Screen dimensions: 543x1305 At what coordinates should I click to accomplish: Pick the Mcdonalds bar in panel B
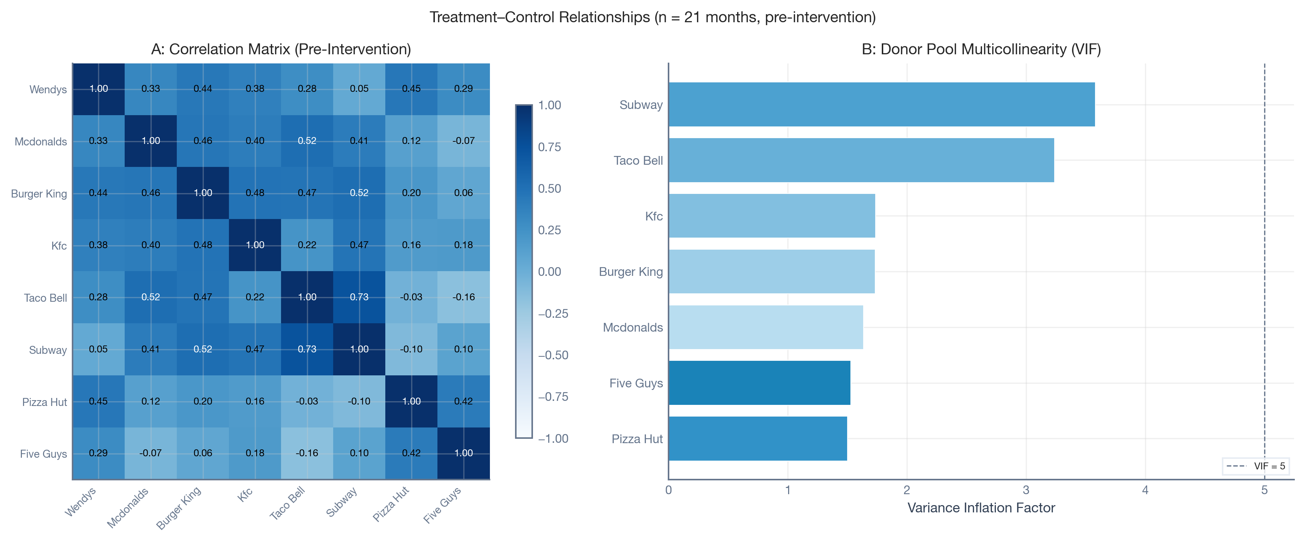[766, 327]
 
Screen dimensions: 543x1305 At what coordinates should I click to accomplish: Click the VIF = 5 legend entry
[1257, 466]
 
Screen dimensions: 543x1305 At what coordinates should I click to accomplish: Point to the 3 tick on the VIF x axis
[1026, 490]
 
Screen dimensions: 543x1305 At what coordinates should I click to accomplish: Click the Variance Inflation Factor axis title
[981, 508]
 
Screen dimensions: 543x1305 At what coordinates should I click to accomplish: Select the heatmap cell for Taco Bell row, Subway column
[359, 297]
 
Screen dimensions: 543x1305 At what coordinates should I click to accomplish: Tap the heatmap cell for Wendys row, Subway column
[359, 89]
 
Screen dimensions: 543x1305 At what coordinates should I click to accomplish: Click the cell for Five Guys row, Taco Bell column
[307, 453]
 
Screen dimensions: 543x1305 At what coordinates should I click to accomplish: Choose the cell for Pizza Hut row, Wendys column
[98, 401]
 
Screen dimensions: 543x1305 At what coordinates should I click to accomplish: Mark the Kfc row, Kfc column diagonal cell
[255, 245]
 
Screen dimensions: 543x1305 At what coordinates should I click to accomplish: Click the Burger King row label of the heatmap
[39, 194]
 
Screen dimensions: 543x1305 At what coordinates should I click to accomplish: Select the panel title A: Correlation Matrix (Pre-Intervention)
[281, 49]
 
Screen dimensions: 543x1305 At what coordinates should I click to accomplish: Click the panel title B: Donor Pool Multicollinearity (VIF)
[981, 49]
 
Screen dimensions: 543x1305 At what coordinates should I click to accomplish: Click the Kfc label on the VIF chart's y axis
[654, 216]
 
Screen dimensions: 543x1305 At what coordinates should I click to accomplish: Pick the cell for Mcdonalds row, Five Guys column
[464, 141]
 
